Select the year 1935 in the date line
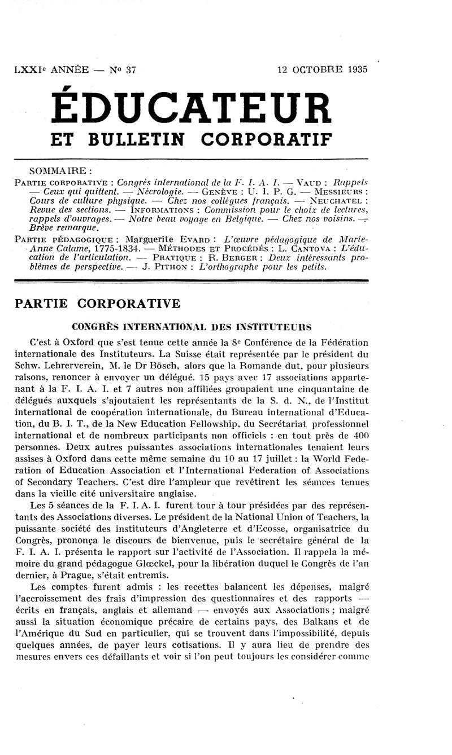[354, 70]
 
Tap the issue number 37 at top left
[131, 70]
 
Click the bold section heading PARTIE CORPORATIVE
[97, 304]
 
